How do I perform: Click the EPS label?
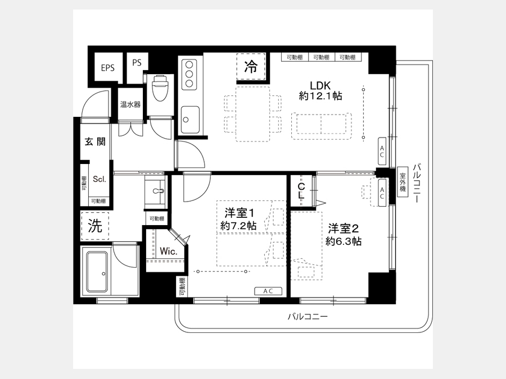108,68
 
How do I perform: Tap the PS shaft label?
137,62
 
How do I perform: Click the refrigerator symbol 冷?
251,67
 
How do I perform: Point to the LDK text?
320,85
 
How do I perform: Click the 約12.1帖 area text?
320,95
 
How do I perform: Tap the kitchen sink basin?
190,120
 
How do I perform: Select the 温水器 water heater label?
130,104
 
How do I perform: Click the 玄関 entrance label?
95,141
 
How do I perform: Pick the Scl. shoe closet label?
100,179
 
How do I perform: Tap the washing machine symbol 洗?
95,226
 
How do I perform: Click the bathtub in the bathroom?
96,272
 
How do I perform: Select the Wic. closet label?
169,252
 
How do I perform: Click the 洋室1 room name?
240,213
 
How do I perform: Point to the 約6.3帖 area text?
344,241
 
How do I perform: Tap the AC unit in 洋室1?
268,291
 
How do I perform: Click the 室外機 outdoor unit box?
403,182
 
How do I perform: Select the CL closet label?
301,191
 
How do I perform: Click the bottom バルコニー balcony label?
308,317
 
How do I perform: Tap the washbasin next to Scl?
155,191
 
